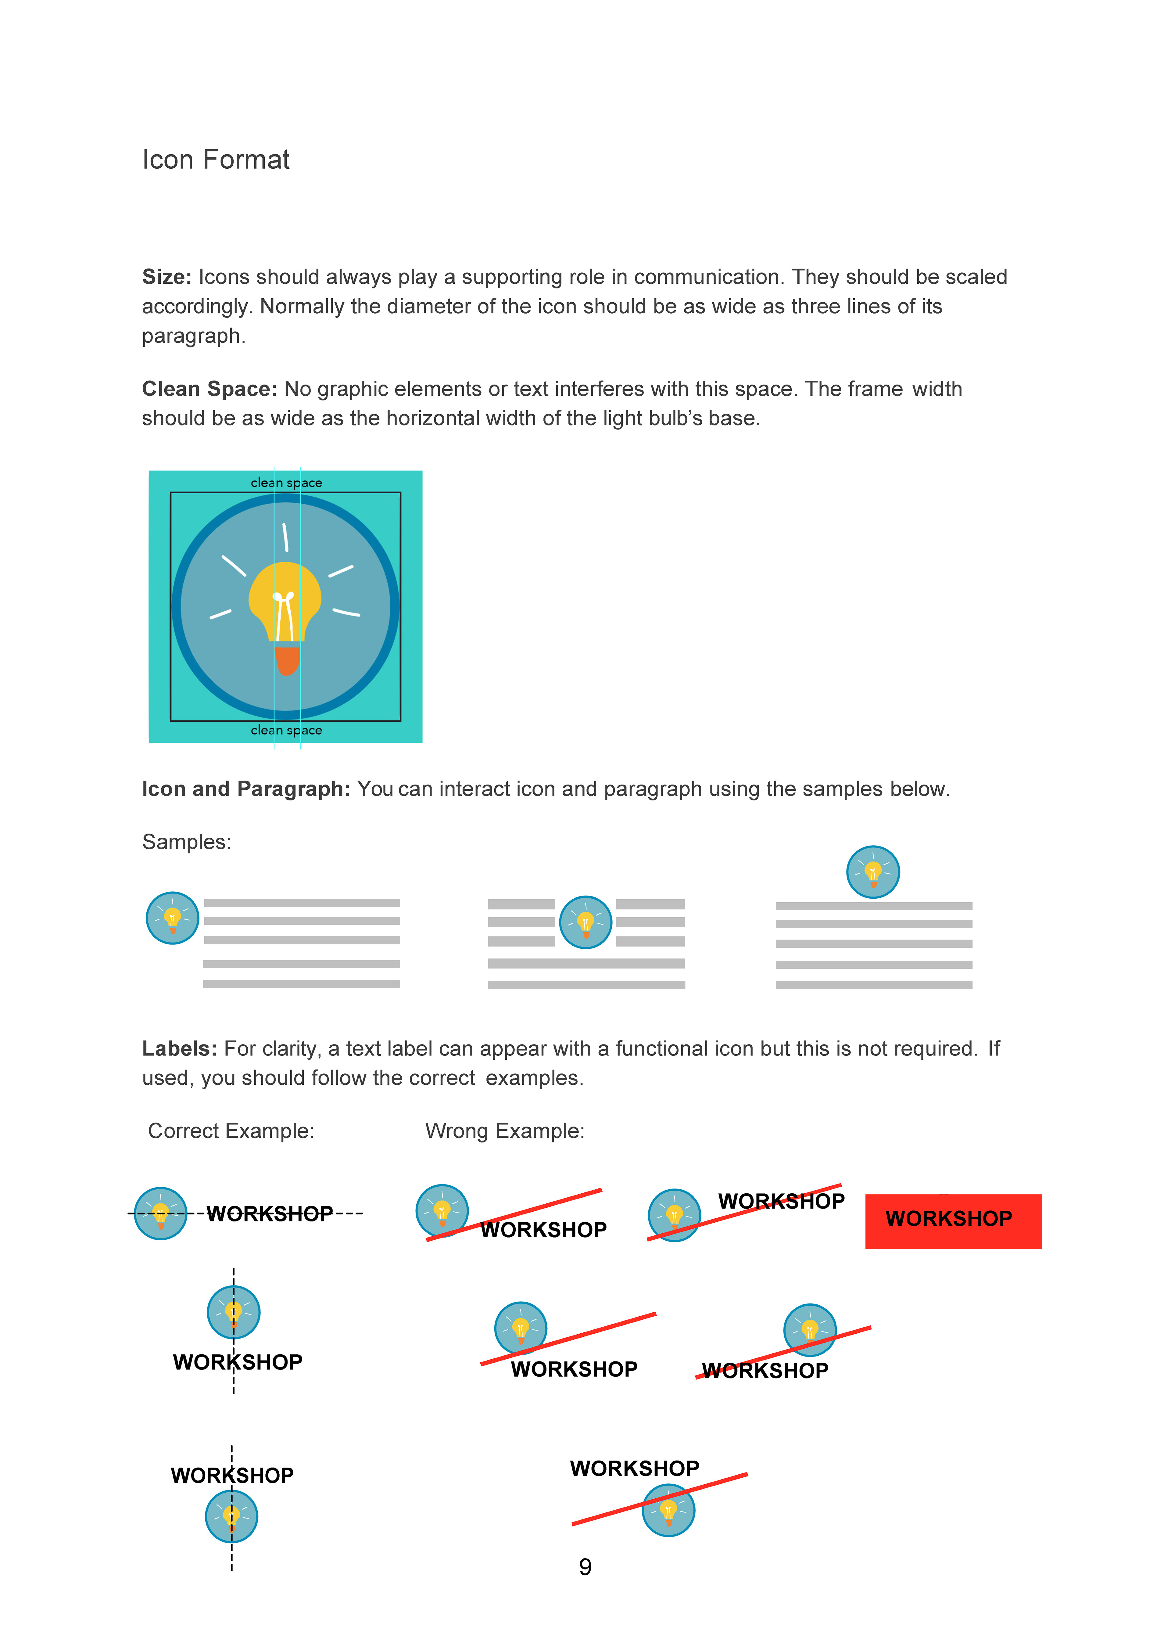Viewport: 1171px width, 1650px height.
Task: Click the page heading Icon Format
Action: (x=216, y=159)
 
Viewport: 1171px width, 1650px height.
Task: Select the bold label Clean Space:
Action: (x=209, y=389)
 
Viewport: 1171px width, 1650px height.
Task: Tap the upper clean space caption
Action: (x=286, y=483)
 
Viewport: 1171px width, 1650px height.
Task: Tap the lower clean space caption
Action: (x=286, y=730)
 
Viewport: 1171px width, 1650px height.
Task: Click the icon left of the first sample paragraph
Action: (x=172, y=918)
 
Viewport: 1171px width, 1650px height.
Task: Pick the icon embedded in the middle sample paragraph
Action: (x=585, y=922)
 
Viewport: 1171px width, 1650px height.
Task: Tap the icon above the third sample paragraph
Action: (x=872, y=872)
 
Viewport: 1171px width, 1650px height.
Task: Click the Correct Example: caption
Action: (x=231, y=1131)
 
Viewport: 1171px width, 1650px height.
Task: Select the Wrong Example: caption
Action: (x=505, y=1131)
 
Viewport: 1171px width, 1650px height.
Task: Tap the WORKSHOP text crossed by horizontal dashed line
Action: (x=270, y=1214)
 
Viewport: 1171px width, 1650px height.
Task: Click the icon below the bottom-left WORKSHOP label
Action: (x=231, y=1517)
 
